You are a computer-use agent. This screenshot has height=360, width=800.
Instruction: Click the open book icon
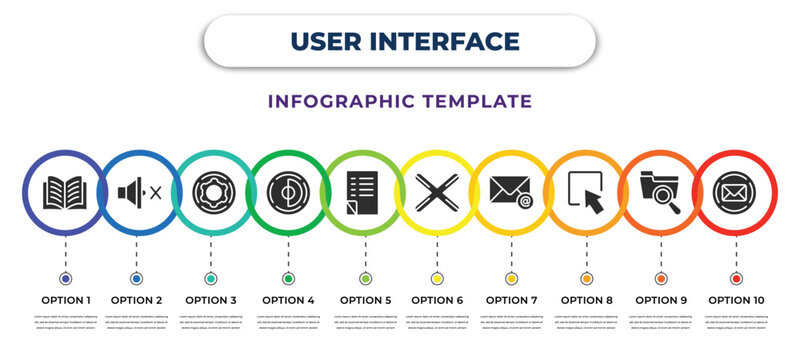[x=66, y=190]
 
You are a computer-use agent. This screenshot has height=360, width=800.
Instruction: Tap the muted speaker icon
[x=139, y=190]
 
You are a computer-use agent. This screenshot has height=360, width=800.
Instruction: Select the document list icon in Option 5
[x=363, y=190]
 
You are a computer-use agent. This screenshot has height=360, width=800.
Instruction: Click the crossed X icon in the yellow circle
[x=437, y=190]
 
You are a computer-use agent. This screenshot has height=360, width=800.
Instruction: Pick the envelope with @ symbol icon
[x=511, y=190]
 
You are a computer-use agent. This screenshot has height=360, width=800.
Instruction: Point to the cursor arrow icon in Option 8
[x=586, y=191]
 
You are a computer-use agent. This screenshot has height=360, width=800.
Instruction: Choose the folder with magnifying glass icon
[x=660, y=191]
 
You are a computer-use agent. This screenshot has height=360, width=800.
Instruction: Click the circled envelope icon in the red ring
[x=735, y=190]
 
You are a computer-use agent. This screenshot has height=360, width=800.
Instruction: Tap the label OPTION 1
[x=66, y=299]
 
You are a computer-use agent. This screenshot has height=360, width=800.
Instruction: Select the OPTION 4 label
[x=288, y=299]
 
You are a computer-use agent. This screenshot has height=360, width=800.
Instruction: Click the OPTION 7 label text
[x=511, y=299]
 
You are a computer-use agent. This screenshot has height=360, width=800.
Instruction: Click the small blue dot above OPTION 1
[x=66, y=278]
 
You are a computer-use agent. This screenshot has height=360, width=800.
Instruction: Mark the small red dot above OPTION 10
[x=736, y=278]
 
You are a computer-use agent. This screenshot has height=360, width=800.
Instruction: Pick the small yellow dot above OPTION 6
[x=437, y=278]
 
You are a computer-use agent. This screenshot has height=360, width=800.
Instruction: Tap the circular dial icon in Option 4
[x=288, y=190]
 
